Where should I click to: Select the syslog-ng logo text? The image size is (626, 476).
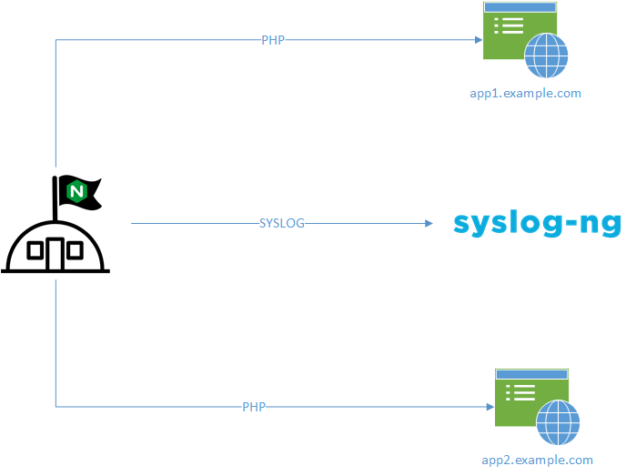537,224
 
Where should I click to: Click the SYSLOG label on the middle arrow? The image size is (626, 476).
282,223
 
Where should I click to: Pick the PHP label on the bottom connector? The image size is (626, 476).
254,407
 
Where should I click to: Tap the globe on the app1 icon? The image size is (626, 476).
546,56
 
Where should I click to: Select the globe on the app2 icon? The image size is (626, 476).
558,423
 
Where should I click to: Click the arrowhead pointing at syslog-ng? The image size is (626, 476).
429,223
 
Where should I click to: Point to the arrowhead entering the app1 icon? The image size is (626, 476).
477,40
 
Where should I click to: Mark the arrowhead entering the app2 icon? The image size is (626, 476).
489,407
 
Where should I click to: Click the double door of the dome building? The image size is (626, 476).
56,251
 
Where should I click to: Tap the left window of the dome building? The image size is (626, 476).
35,251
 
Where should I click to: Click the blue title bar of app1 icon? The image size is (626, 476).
520,7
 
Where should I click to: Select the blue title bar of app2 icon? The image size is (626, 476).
531,373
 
